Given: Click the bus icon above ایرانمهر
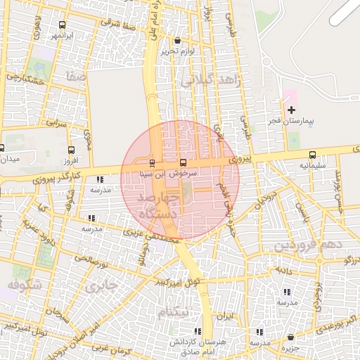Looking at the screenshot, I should tap(63, 25).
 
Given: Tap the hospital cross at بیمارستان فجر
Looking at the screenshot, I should tap(292, 110).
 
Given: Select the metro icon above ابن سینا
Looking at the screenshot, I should tap(153, 163).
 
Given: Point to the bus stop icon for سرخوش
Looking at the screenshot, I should tap(184, 162).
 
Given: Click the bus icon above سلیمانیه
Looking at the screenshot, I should tap(312, 155).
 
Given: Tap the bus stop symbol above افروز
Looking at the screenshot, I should tap(71, 150).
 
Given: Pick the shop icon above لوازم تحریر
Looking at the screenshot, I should tap(176, 41).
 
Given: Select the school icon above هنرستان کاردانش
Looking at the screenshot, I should tap(198, 330).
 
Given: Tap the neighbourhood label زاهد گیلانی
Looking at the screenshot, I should tap(211, 80).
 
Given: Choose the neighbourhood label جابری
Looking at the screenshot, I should tap(98, 286).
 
